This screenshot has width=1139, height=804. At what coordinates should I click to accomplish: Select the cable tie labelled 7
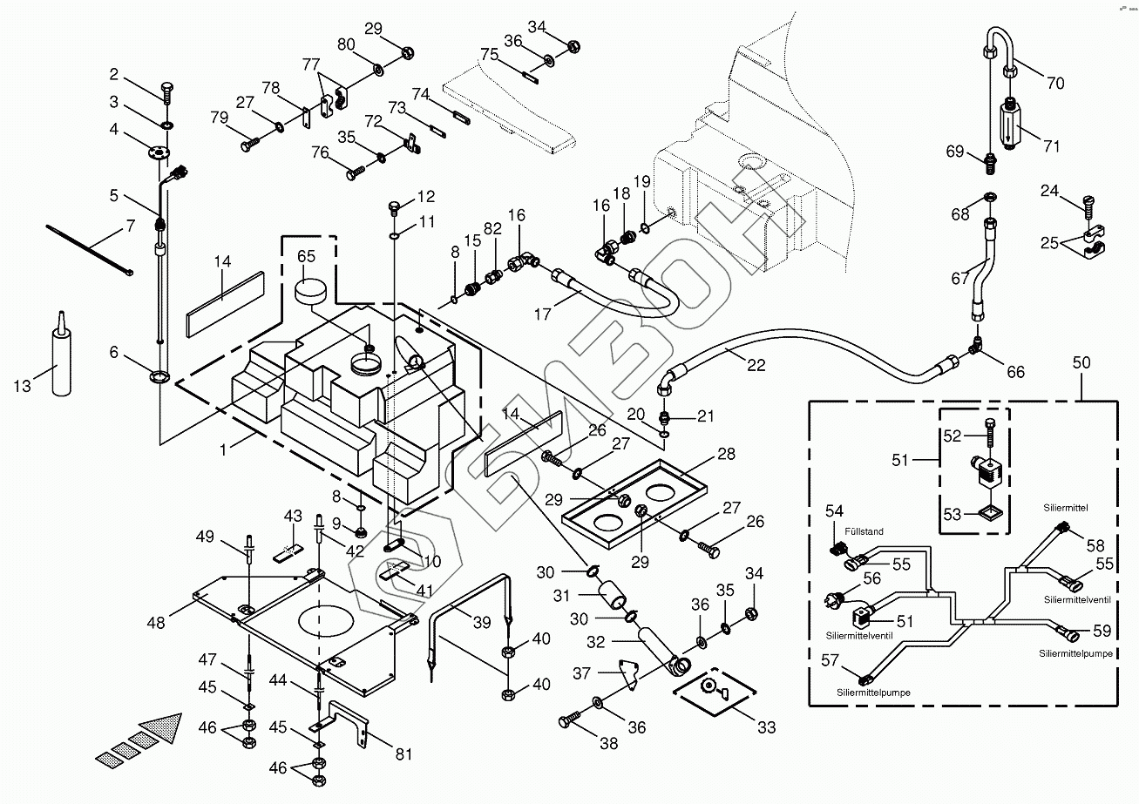(x=90, y=249)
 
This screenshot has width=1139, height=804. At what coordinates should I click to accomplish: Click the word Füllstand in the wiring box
(x=864, y=531)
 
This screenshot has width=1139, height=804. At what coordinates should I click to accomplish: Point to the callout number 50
(x=1081, y=362)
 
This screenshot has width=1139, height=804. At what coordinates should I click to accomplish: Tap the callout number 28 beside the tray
(x=726, y=453)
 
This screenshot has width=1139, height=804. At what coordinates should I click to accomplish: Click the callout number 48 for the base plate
(x=156, y=623)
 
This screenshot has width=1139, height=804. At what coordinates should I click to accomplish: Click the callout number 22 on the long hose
(x=756, y=365)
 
